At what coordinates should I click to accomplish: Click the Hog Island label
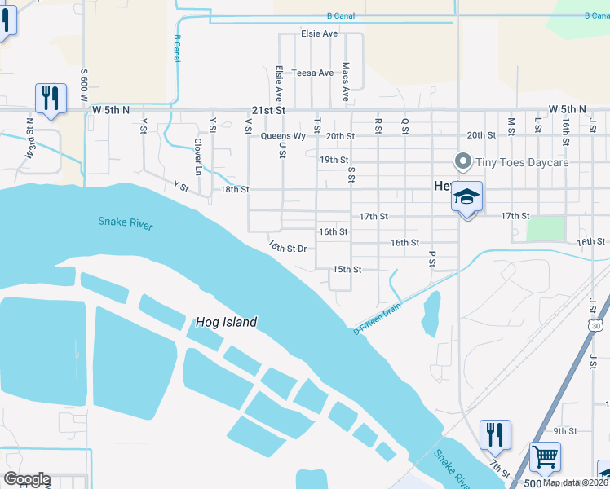pos(226,322)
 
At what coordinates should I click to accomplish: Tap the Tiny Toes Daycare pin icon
pos(463,161)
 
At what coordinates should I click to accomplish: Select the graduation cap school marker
pos(467,197)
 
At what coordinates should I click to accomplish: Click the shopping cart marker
pos(545,457)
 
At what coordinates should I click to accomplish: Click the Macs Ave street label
pos(346,81)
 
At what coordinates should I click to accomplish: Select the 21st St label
pos(270,109)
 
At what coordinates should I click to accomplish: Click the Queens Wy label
pos(283,136)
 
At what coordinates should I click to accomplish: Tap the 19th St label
pos(334,160)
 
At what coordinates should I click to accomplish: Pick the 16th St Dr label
pos(287,247)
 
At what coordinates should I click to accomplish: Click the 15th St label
pos(347,269)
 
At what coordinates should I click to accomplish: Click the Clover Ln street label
pos(197,156)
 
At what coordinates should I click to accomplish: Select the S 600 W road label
pos(83,85)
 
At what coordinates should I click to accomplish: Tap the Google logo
pos(26,479)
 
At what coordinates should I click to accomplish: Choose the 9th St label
pos(564,430)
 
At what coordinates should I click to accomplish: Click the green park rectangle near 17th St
pos(546,228)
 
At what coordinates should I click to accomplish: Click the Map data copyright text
pos(574,482)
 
